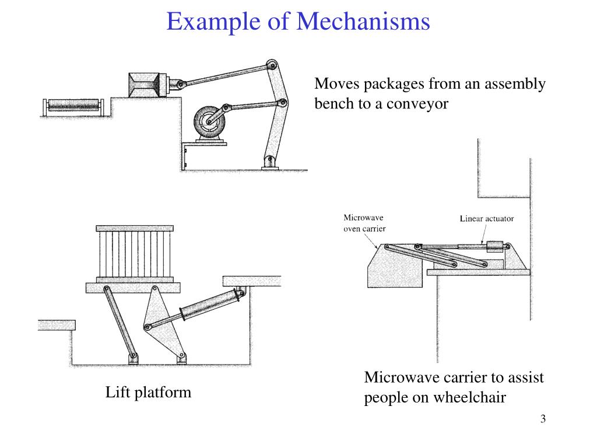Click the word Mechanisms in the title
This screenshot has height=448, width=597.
(x=363, y=21)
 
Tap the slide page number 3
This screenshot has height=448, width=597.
(x=543, y=419)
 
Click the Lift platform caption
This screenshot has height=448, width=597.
(x=148, y=393)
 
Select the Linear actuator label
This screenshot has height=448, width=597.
(x=487, y=219)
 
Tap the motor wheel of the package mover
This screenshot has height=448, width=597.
(x=209, y=121)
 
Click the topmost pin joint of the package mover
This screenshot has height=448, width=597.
(x=272, y=65)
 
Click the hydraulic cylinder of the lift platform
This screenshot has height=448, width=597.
(x=212, y=304)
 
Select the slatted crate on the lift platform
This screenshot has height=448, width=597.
(x=135, y=254)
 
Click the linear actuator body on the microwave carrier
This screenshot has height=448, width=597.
(x=496, y=247)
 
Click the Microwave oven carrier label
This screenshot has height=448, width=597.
(x=364, y=223)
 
